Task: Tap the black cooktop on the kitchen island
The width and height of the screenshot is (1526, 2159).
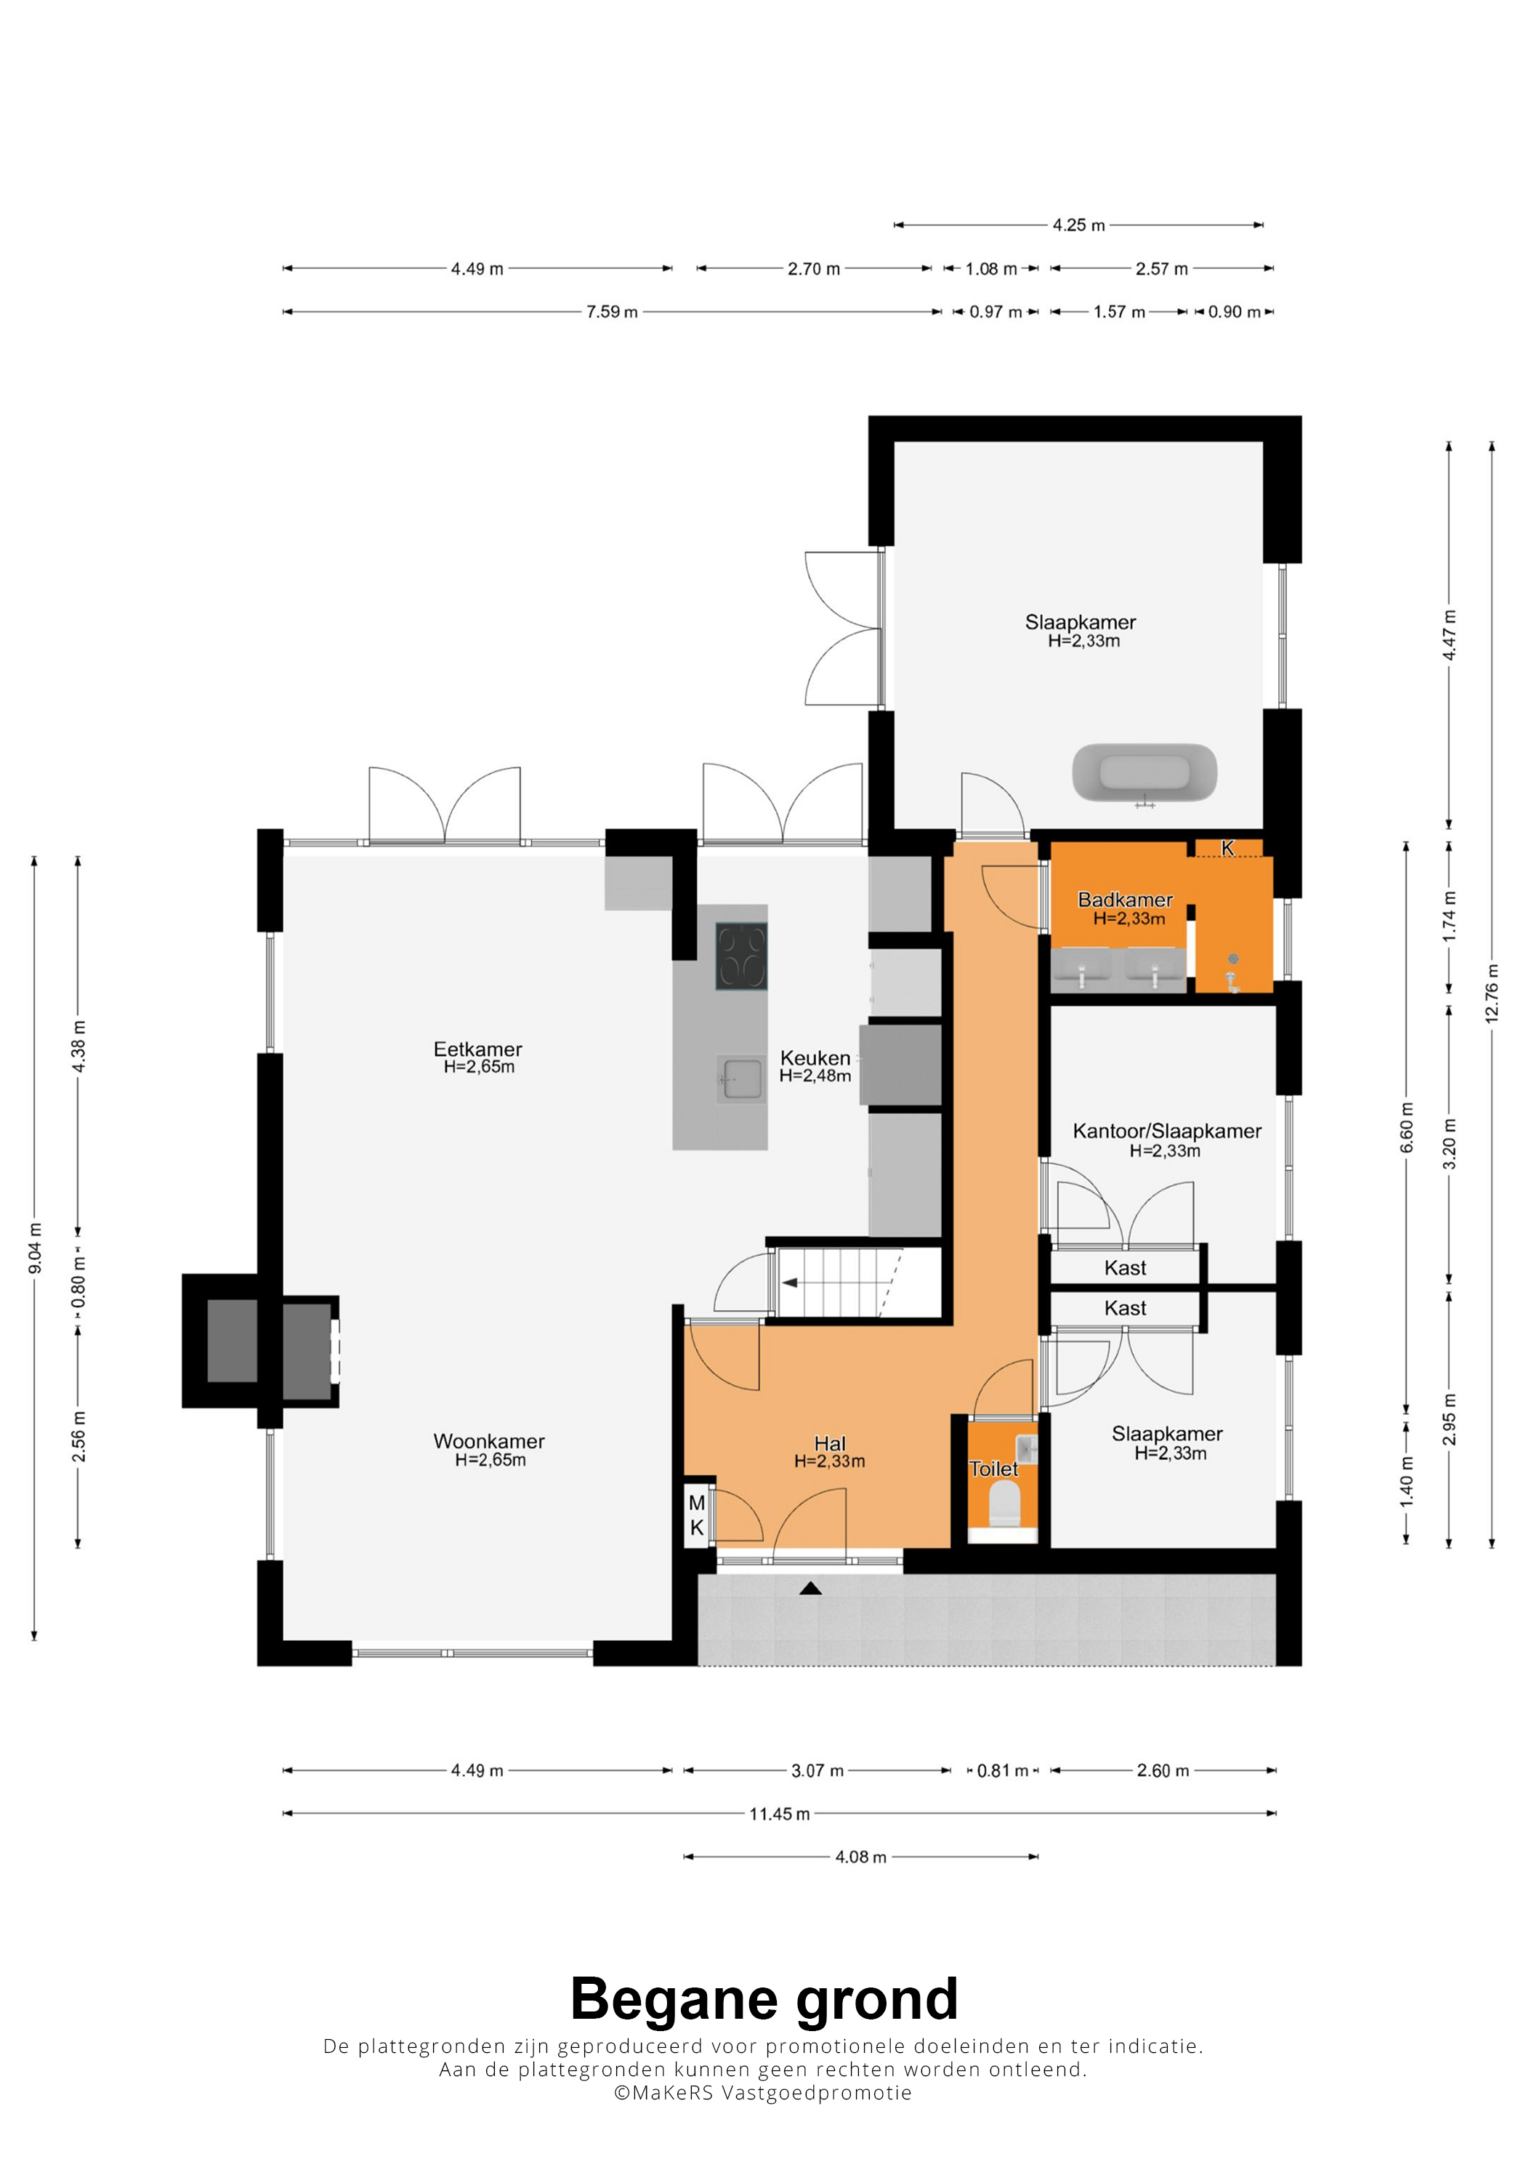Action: point(741,956)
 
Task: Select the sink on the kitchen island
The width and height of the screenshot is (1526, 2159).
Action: point(742,1078)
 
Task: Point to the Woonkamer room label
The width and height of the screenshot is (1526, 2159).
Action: point(489,1442)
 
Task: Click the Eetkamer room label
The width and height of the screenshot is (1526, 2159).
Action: point(477,1049)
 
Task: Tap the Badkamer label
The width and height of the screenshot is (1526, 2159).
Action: point(1126,900)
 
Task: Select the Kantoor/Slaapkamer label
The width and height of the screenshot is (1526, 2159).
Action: point(1167,1131)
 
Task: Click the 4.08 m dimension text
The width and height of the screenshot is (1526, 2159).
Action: point(861,1857)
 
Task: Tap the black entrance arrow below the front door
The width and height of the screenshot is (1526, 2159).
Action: point(810,1589)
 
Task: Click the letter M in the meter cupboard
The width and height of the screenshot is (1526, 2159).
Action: point(697,1503)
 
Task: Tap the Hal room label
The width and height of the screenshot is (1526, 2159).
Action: point(831,1443)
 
